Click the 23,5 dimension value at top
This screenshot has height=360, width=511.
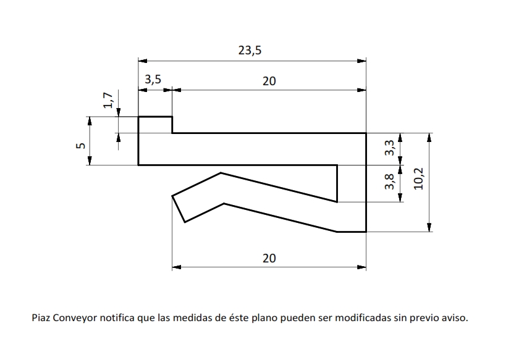coord(250,51)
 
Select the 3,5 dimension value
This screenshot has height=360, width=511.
coord(153,80)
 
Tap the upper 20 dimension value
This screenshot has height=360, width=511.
coord(269,80)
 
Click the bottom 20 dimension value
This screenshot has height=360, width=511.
coord(269,258)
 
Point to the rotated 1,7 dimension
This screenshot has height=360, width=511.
coord(108,100)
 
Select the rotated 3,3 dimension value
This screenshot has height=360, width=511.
coord(389,148)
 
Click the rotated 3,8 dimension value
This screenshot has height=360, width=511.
coord(389,182)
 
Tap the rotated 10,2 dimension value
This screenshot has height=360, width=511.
coord(419,178)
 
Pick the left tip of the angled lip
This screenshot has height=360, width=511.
coord(173,197)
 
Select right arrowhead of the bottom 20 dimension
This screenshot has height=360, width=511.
coord(362,267)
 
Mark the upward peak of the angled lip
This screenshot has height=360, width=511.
coord(221,174)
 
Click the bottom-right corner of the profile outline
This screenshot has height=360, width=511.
coord(366,232)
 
